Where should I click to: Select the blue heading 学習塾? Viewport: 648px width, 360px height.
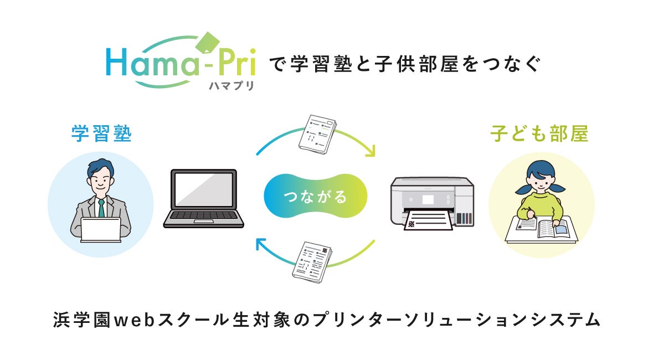101,133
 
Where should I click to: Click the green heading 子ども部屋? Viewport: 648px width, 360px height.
539,134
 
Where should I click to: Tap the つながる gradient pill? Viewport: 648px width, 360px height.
315,197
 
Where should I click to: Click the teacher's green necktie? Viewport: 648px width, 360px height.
101,208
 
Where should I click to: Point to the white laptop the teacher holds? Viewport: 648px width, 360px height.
101,229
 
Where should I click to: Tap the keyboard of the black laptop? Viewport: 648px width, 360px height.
203,218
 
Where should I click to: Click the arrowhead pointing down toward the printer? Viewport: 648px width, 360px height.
369,151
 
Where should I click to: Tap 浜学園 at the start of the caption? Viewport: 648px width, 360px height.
78,320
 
